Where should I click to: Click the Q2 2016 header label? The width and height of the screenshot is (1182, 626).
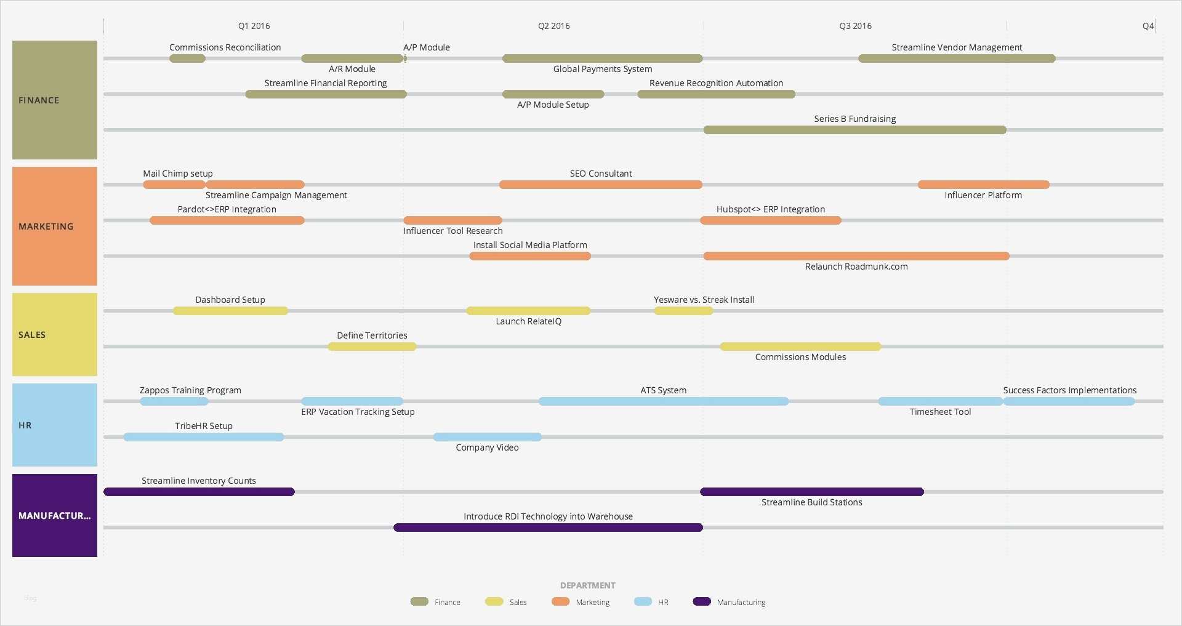click(x=553, y=26)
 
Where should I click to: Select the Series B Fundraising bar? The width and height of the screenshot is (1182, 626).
click(x=854, y=130)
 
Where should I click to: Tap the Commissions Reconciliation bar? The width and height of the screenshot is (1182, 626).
click(x=187, y=58)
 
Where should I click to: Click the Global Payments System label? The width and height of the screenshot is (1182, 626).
click(x=602, y=69)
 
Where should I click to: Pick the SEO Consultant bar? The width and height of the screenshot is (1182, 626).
click(x=600, y=185)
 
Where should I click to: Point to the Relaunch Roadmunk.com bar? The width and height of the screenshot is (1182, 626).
click(x=856, y=256)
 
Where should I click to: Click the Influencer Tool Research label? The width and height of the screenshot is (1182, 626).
click(x=452, y=231)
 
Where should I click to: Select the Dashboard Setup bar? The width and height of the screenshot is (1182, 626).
click(x=230, y=311)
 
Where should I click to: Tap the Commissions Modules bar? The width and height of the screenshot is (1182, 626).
click(x=800, y=347)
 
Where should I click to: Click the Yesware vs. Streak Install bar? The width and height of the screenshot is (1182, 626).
click(x=683, y=311)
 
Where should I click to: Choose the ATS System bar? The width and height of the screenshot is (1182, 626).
click(x=663, y=401)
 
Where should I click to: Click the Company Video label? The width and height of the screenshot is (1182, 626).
click(x=487, y=447)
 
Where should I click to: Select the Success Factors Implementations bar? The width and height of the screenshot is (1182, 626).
click(x=1069, y=401)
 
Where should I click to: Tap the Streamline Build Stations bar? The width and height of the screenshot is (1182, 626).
click(x=811, y=492)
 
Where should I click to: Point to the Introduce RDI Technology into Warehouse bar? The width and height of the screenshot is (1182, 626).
click(x=548, y=528)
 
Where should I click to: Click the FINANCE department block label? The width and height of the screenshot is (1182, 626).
click(x=39, y=100)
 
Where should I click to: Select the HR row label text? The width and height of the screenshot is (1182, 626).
click(x=25, y=425)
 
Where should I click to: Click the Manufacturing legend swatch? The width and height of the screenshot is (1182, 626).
click(x=702, y=601)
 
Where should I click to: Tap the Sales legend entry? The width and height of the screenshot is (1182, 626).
click(x=517, y=602)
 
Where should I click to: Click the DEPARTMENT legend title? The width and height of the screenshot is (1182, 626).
click(x=587, y=585)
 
